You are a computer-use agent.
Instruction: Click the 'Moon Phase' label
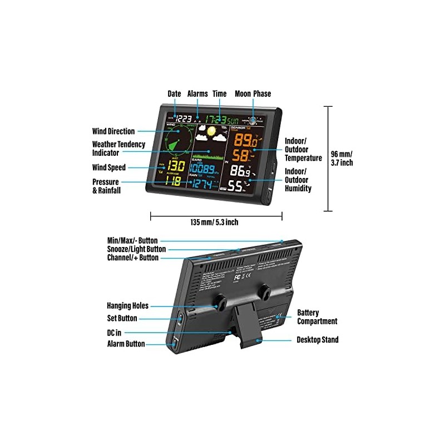coord(253,94)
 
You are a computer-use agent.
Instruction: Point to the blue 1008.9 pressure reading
coord(204,169)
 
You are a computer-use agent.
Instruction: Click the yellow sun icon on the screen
coord(210,132)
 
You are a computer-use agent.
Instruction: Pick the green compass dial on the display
coord(177,139)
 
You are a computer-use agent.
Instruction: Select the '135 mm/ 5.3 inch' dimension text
coord(214,222)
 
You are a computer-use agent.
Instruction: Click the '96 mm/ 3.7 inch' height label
coord(342,158)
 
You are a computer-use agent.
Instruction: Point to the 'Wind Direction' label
coord(113,131)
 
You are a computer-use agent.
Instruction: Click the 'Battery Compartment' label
coord(317,317)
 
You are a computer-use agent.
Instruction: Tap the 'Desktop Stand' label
coord(317,339)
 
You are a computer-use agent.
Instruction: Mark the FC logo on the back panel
coord(237,275)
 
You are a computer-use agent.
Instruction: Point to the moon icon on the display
coord(254,120)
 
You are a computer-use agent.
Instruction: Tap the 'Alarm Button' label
coord(126,344)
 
